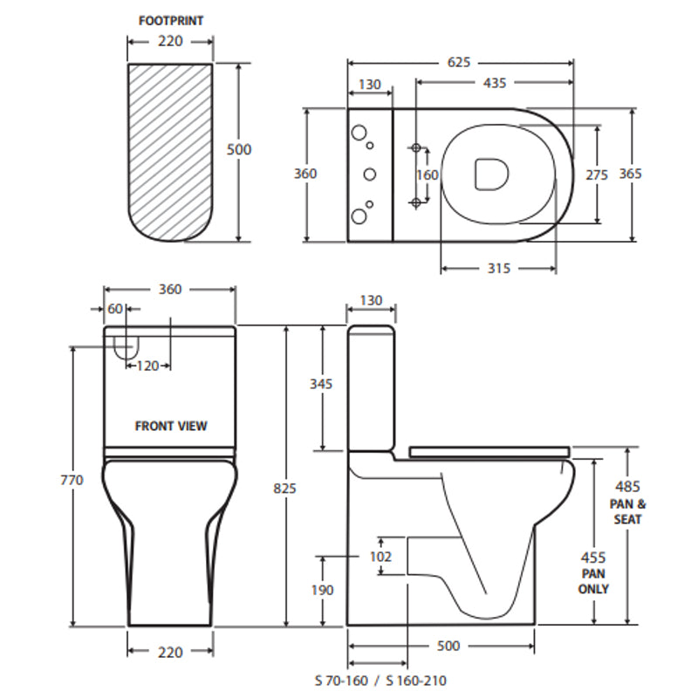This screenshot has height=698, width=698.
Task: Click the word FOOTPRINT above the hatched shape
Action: (171, 20)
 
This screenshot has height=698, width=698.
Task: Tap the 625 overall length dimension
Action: (460, 62)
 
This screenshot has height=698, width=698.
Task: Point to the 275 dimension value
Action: (597, 174)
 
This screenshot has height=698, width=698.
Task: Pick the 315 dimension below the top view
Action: (498, 269)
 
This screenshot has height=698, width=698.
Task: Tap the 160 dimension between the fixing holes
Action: (428, 174)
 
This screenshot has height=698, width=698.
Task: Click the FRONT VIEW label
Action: (171, 427)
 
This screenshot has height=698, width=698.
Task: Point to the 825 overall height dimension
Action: (284, 488)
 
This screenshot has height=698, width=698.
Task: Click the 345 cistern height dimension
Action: (322, 385)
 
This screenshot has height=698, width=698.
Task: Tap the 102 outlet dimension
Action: (381, 556)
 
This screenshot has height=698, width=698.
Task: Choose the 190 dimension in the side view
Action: (322, 591)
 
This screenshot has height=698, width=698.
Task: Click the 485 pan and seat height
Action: (627, 486)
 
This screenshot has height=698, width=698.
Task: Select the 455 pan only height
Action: (594, 557)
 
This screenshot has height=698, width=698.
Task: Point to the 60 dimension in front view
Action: (115, 309)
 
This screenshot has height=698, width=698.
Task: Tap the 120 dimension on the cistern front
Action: (147, 366)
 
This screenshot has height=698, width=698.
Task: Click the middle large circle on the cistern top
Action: (370, 174)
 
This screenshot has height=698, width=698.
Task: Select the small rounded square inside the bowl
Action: (491, 173)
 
